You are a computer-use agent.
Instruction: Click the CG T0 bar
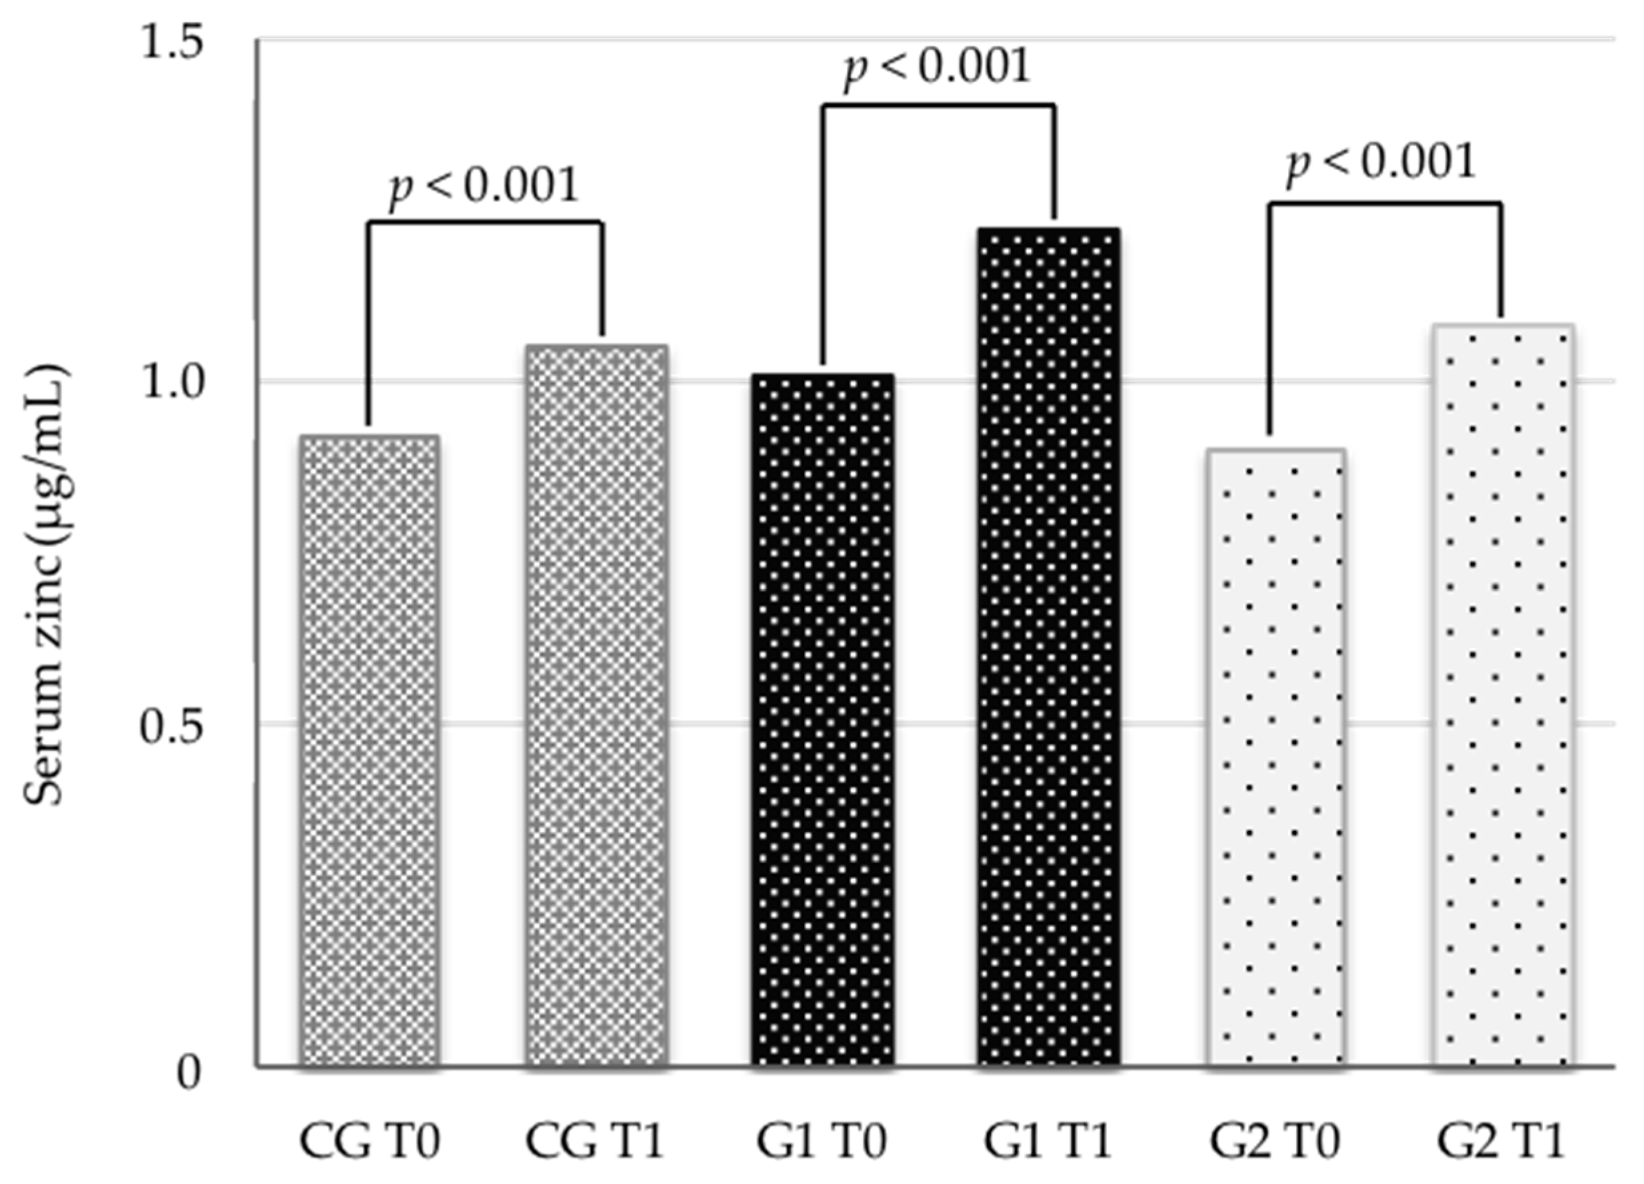[x=369, y=750]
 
